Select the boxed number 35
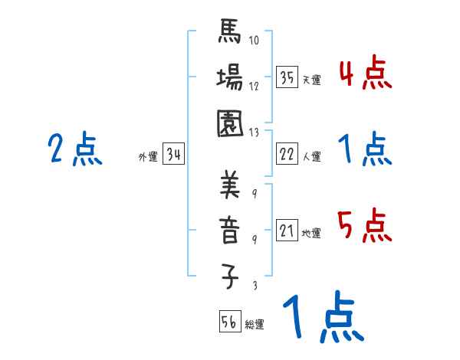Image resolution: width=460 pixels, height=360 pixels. pos(287,77)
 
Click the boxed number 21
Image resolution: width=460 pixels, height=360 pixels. pos(287,231)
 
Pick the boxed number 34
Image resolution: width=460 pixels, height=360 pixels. pos(173,155)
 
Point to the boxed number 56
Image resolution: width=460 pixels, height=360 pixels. pos(229,322)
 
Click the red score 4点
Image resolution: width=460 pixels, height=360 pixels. pos(365,74)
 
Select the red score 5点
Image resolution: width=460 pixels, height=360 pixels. pos(365,224)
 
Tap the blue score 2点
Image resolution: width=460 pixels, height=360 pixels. pos(74,149)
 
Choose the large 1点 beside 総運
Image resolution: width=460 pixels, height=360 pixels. pos(320,316)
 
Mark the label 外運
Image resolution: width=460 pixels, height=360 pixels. pos(148,157)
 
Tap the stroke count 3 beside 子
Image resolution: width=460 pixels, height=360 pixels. pos(255,283)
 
